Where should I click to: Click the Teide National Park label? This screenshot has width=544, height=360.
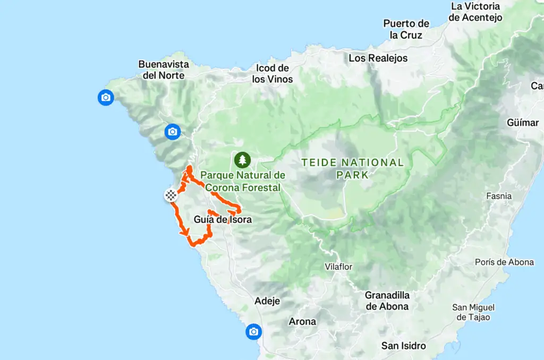pos(353,168)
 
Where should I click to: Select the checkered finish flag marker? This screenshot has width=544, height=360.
pos(171,195)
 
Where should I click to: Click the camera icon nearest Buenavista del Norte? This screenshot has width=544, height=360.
pos(106,98)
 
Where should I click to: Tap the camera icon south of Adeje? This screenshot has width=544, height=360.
pos(253,332)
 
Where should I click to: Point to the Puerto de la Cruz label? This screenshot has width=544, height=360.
pos(406,29)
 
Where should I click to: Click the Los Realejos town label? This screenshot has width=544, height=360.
pos(378,58)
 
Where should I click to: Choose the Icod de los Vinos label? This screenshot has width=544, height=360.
pos(273,74)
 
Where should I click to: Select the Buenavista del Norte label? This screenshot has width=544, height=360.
pos(164,70)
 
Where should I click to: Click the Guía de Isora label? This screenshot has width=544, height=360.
pos(223,219)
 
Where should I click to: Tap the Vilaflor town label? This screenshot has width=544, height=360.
pos(339,267)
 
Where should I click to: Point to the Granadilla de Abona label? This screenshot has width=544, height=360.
pos(387,301)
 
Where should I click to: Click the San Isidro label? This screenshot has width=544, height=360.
pos(404,346)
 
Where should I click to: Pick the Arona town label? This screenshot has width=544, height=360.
pos(302,321)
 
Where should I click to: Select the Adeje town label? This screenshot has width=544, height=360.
pos(267,301)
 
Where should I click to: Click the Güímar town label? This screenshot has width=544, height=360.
pos(523,123)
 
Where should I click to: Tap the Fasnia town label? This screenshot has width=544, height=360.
pos(499,196)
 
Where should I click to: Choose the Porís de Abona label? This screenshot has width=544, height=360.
pos(504,262)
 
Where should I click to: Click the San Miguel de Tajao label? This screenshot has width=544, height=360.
pos(473,312)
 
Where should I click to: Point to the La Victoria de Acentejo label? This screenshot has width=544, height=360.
pos(475,12)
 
